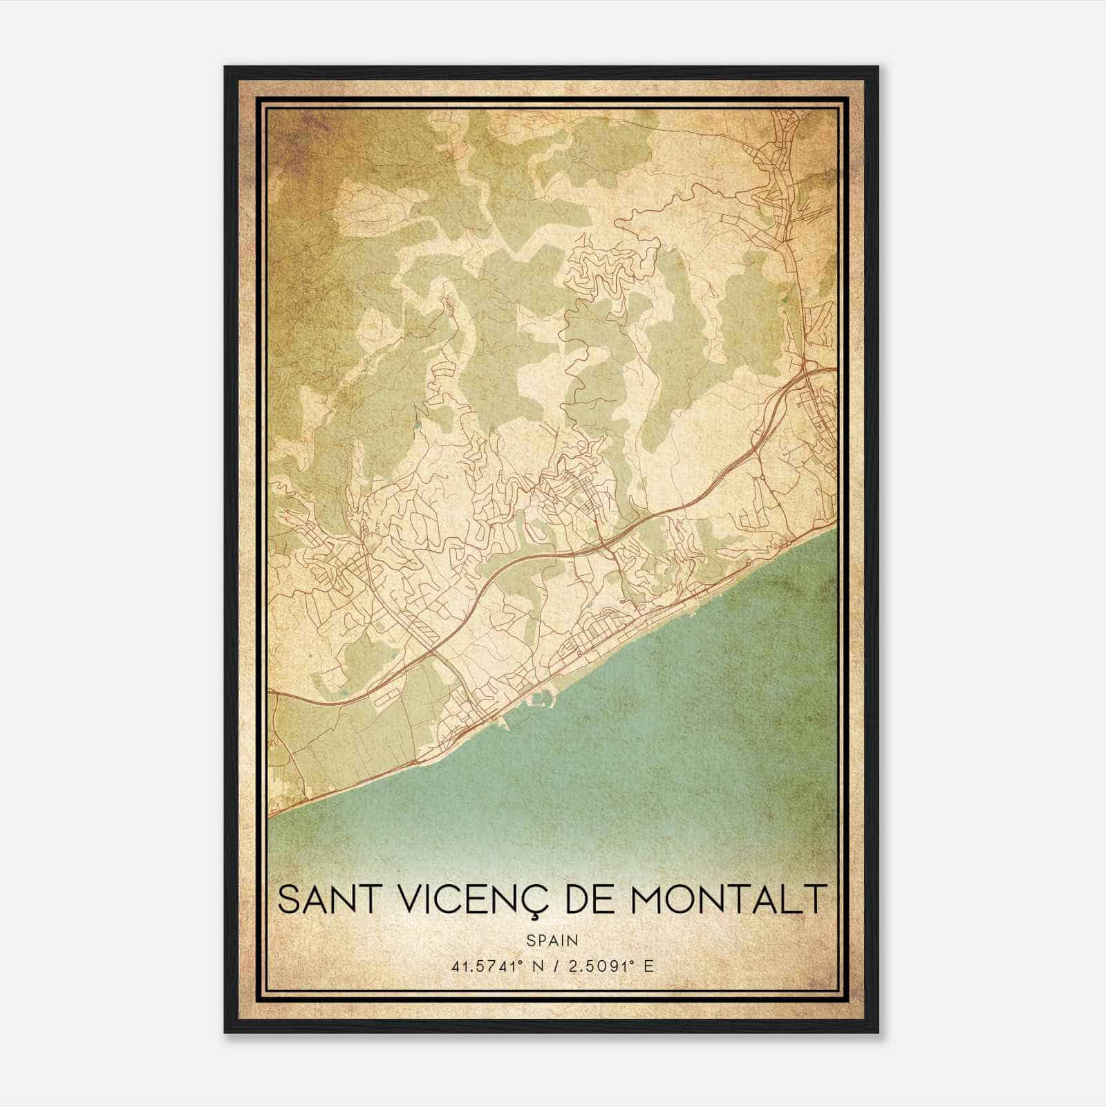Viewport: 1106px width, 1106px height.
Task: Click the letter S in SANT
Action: click(x=289, y=899)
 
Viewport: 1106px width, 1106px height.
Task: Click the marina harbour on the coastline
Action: click(x=541, y=700)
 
